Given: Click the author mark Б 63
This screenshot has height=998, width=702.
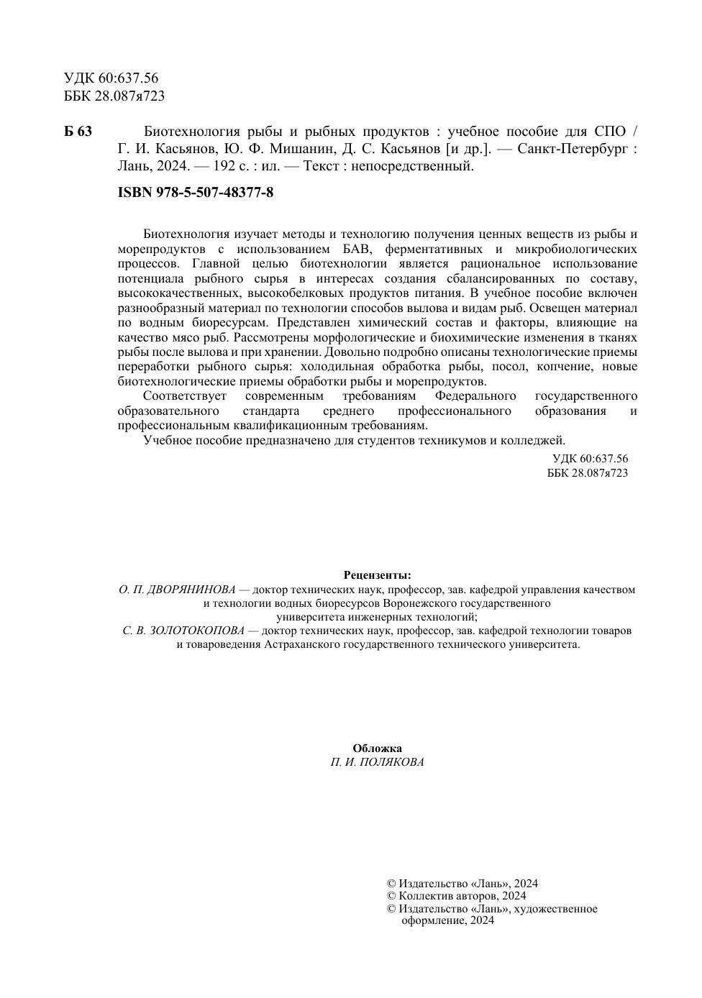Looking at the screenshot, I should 78,132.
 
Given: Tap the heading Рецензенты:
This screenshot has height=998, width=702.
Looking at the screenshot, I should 377,575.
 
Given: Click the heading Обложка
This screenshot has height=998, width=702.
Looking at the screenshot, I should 377,748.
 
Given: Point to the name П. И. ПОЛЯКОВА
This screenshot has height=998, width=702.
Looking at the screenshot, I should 377,762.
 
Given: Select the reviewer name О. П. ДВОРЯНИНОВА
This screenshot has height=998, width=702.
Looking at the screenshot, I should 177,590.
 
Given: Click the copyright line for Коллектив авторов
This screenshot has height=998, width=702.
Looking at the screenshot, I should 456,896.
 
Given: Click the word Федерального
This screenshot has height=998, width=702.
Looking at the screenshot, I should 475,396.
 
